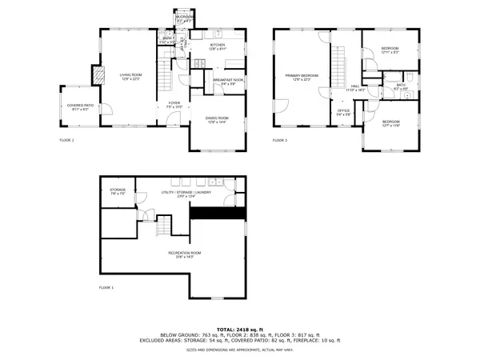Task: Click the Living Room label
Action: [130, 76]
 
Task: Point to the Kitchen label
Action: [218, 47]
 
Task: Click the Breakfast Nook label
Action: [228, 82]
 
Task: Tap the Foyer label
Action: [174, 104]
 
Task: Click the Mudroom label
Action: [184, 18]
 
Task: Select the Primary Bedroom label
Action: [302, 77]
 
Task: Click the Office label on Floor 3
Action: [343, 114]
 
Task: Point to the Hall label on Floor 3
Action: [357, 89]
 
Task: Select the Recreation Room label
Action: [184, 254]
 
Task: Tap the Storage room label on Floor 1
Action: [118, 191]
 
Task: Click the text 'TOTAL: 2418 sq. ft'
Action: [239, 329]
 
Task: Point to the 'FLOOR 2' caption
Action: [66, 140]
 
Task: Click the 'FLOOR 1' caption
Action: [106, 287]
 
